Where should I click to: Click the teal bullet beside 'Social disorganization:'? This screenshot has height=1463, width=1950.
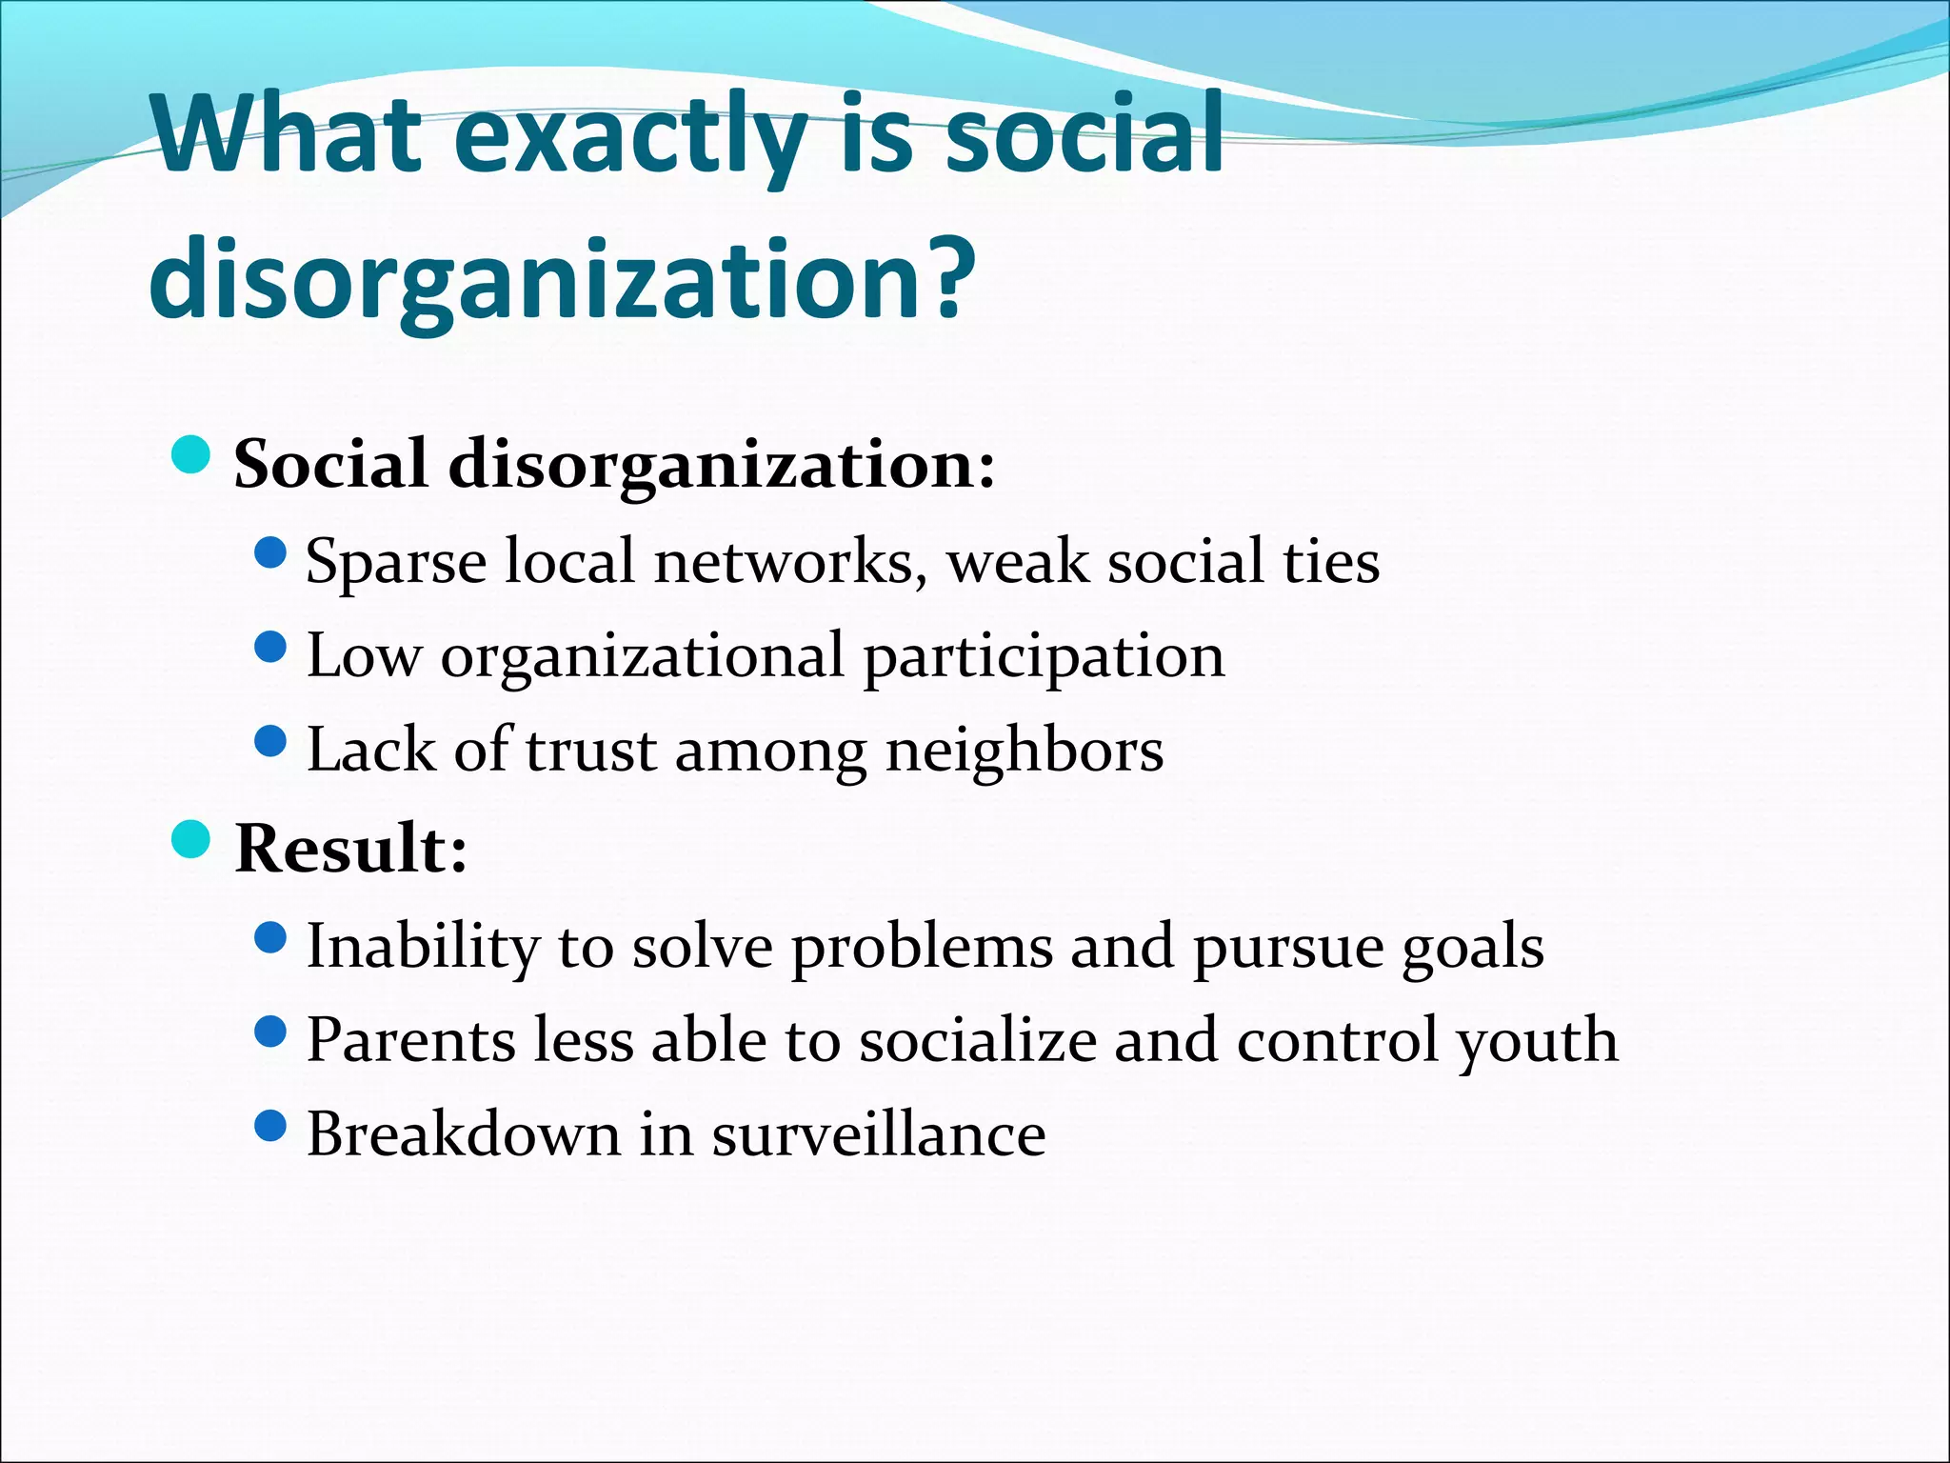click(x=191, y=455)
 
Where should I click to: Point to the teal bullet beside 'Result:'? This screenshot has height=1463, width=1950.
click(x=191, y=839)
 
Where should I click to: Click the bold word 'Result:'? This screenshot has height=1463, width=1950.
click(x=351, y=848)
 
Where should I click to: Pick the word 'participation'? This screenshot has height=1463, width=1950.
click(x=1045, y=657)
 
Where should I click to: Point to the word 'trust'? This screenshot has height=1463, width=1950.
click(x=590, y=751)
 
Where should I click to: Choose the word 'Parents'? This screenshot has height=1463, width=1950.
click(x=410, y=1040)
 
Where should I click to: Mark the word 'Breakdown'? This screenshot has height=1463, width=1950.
click(x=464, y=1134)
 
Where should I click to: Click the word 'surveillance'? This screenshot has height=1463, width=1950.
click(x=879, y=1134)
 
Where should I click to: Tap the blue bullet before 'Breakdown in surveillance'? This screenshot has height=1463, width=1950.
click(x=271, y=1127)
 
